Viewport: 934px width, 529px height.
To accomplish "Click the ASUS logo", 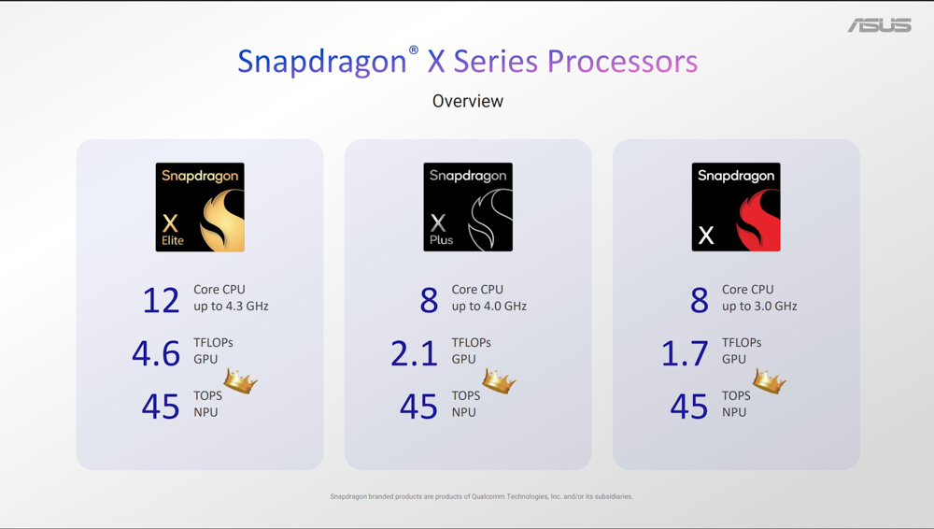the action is coord(880,25).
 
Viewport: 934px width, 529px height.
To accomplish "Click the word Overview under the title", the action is coord(468,101).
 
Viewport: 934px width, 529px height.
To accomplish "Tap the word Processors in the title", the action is coord(622,62).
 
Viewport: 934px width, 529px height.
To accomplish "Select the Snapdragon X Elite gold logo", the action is coord(200,207).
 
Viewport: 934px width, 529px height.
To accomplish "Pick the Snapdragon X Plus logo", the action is coord(468,207).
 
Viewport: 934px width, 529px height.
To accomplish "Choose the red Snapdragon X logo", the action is coord(736,207).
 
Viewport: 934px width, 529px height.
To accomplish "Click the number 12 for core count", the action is coord(161,300).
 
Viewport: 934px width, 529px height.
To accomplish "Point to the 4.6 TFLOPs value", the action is coord(156,353).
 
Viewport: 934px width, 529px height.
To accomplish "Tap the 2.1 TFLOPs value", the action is coord(414,353).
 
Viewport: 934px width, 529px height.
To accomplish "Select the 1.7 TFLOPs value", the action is coord(685,353).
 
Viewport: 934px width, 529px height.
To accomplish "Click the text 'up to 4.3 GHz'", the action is coord(231,307).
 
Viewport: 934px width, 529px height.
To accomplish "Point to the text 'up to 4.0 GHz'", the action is coord(489,307).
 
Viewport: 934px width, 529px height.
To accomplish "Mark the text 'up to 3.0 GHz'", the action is coord(759,307).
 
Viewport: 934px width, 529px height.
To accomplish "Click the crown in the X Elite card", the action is coord(241,380).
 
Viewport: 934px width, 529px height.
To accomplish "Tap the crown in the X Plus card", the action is coord(499,380).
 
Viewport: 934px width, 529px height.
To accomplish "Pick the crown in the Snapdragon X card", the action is coord(770,380).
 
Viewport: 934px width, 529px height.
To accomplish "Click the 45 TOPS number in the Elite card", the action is coord(161,407).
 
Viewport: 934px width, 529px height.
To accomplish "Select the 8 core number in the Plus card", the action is coord(429,300).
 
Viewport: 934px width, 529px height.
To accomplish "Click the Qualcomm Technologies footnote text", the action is coord(481,496).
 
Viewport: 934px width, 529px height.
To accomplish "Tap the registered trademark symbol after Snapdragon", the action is coord(414,50).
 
